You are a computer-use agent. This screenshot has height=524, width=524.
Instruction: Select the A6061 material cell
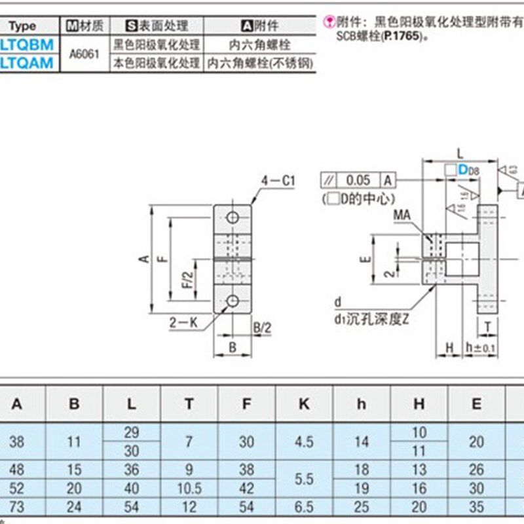coord(84,54)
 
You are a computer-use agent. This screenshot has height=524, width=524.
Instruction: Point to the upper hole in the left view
coord(233,216)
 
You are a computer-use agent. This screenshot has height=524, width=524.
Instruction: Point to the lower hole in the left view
coord(233,301)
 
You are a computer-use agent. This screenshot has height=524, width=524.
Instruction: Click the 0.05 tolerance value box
coord(358,179)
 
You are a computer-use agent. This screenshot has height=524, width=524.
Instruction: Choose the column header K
coord(304,404)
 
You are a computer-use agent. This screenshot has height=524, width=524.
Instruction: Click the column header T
coord(189,404)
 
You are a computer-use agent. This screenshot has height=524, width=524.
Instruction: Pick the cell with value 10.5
coord(189,488)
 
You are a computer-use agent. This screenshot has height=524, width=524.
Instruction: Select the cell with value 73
coord(16,507)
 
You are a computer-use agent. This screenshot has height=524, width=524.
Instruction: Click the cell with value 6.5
coord(304,507)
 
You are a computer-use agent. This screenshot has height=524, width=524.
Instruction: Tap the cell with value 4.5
coord(304,441)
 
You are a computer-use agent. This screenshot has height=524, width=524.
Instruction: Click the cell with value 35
coord(476,507)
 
